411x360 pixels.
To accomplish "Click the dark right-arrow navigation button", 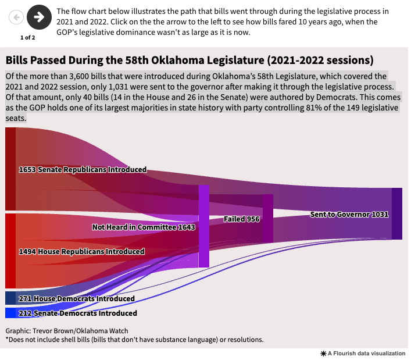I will (x=39, y=17).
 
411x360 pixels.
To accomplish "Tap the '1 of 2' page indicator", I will (x=27, y=38).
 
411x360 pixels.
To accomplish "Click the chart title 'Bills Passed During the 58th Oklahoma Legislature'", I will (x=189, y=60).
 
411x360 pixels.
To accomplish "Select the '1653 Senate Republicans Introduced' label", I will (x=83, y=170).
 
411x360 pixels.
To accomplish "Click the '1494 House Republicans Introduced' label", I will (x=81, y=252).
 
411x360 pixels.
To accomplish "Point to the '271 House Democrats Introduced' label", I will (x=76, y=298).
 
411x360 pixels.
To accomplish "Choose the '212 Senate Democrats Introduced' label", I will (x=78, y=313).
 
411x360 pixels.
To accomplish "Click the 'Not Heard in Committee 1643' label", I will (x=144, y=227).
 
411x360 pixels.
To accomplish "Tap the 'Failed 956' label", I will (x=241, y=219).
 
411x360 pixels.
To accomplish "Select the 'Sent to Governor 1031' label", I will (x=349, y=214).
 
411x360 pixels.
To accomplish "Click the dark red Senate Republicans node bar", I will (x=10, y=169).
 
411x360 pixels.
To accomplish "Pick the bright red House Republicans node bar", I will (x=10, y=251).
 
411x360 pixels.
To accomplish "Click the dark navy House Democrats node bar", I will (x=10, y=298).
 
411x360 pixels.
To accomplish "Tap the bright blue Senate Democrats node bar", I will (x=10, y=313).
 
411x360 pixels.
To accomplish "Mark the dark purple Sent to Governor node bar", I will (x=396, y=213).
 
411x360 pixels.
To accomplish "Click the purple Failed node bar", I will (x=267, y=218).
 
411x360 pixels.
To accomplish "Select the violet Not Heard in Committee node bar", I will (x=203, y=226).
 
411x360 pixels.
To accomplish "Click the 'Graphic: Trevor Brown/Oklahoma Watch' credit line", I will (x=67, y=331).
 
